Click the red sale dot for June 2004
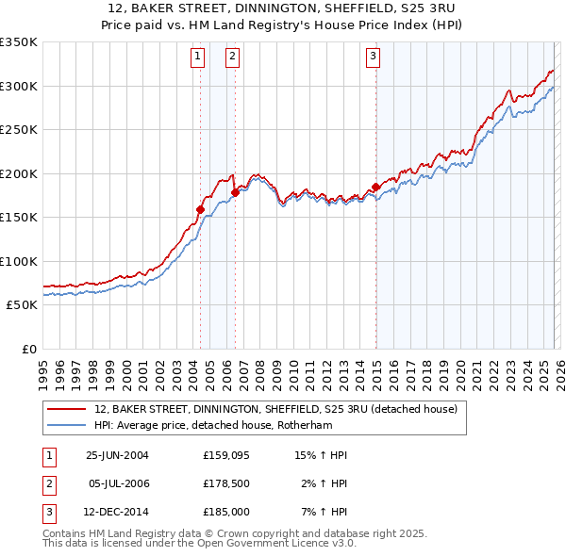pos(200,209)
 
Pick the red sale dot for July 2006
pos(235,192)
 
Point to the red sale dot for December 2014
pos(375,187)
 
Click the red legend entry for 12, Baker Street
pos(275,409)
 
